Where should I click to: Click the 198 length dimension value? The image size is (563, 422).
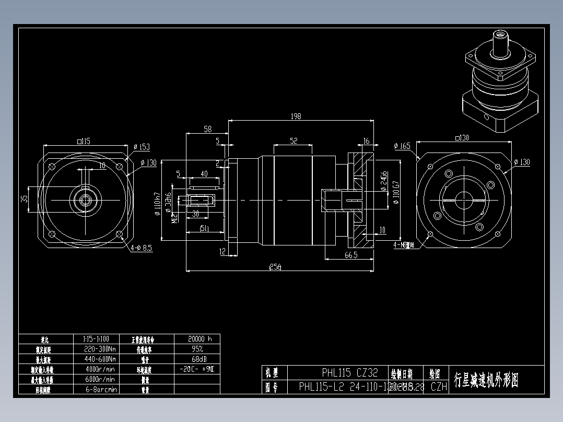click(296, 116)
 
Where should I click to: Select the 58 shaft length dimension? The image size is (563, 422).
click(207, 129)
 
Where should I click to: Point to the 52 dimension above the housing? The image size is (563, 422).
click(294, 141)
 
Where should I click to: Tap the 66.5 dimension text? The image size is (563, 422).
click(350, 254)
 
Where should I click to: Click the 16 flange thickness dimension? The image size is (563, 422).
click(366, 141)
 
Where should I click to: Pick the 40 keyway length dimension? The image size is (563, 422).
click(204, 174)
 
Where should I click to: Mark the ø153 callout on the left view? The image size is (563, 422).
click(142, 147)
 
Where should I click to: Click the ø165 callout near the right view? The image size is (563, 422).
click(402, 146)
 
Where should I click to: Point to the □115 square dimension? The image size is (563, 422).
click(84, 141)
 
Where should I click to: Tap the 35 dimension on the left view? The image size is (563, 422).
click(24, 199)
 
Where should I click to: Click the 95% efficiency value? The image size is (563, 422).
click(197, 349)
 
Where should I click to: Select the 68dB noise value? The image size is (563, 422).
click(197, 359)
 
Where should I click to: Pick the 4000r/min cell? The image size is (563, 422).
click(100, 369)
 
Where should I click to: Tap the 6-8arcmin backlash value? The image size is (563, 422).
click(100, 389)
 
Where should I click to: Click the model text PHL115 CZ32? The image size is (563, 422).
click(349, 373)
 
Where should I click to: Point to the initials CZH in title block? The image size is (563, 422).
click(439, 387)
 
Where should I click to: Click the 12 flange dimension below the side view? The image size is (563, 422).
click(222, 252)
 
